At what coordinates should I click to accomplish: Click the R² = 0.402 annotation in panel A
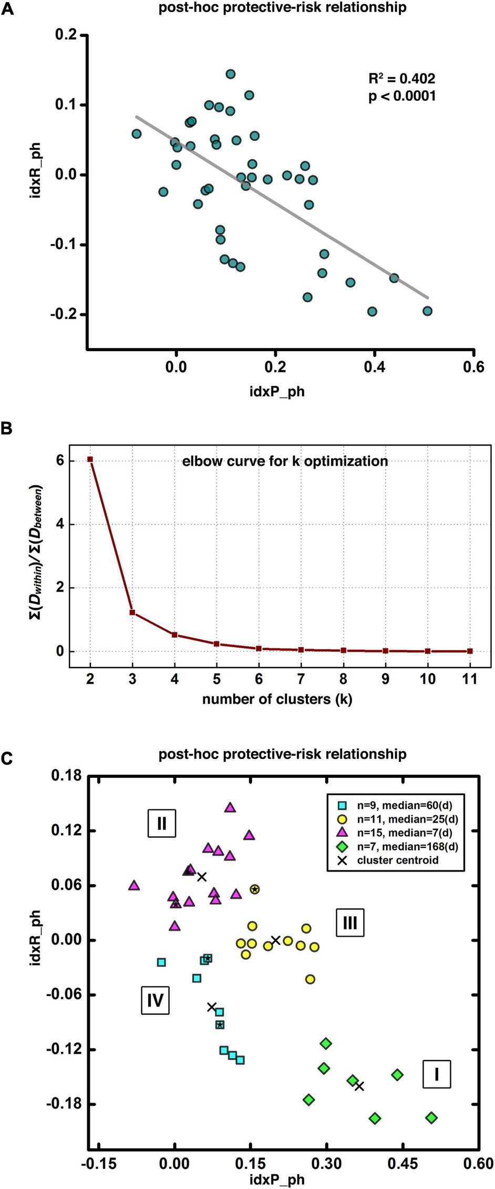(401, 79)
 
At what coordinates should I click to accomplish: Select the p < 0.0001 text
(401, 97)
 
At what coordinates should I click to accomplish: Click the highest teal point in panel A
(230, 74)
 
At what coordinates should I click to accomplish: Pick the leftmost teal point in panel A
(137, 134)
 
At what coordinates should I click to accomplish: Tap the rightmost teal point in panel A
(427, 311)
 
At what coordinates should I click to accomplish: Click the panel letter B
(7, 428)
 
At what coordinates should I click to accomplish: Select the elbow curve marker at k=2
(90, 459)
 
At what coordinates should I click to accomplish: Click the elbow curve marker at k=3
(132, 612)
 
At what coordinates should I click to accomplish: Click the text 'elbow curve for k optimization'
(285, 462)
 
